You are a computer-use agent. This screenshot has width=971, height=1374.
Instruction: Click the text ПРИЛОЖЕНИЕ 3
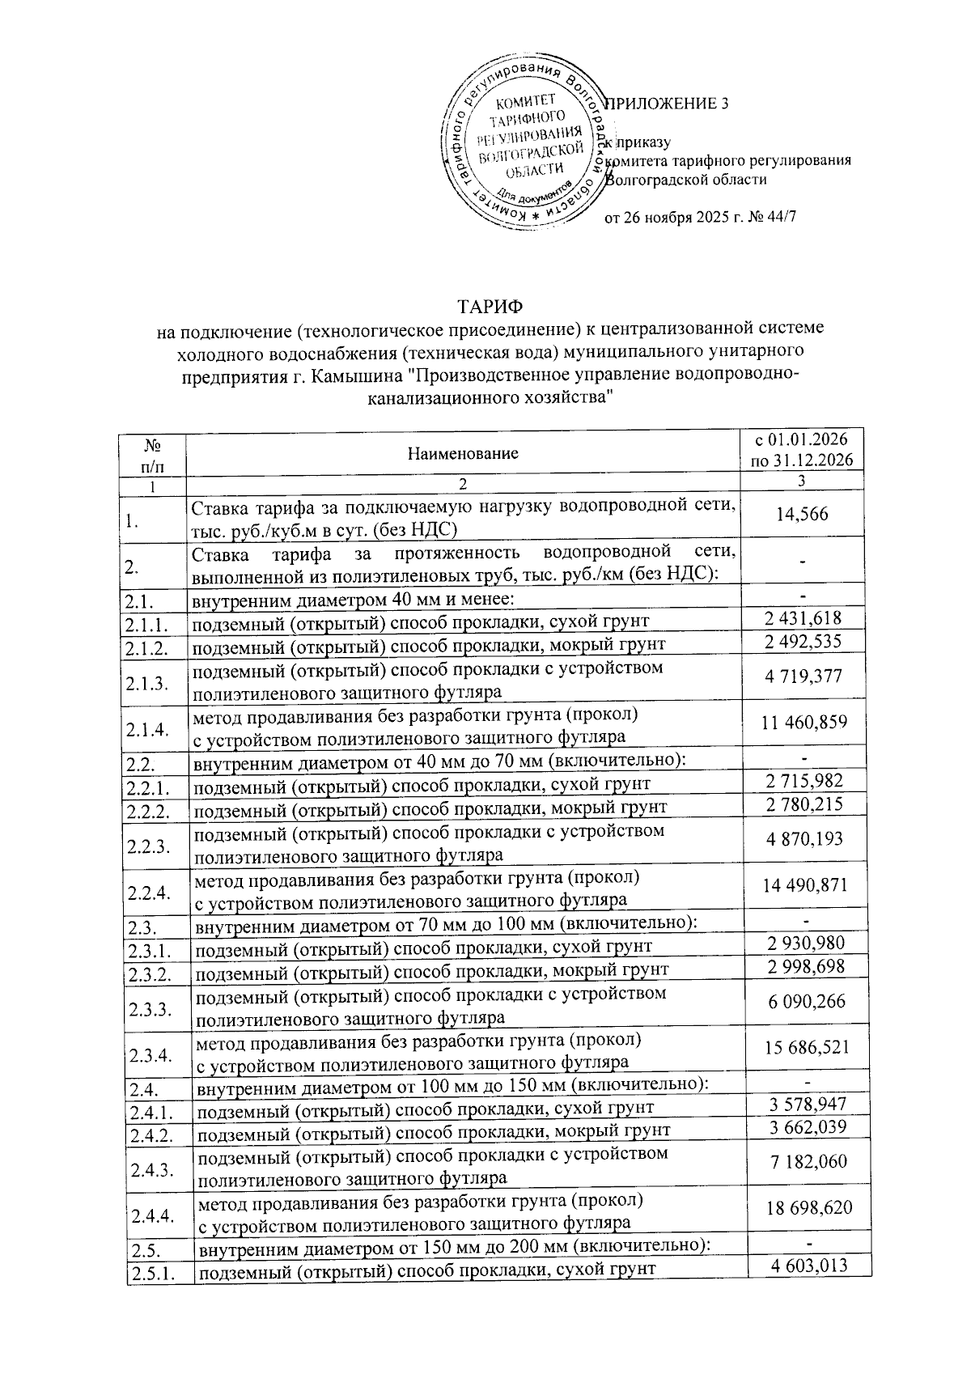668,104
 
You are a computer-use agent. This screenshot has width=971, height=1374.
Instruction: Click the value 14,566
802,514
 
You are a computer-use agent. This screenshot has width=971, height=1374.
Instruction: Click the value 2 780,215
804,804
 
